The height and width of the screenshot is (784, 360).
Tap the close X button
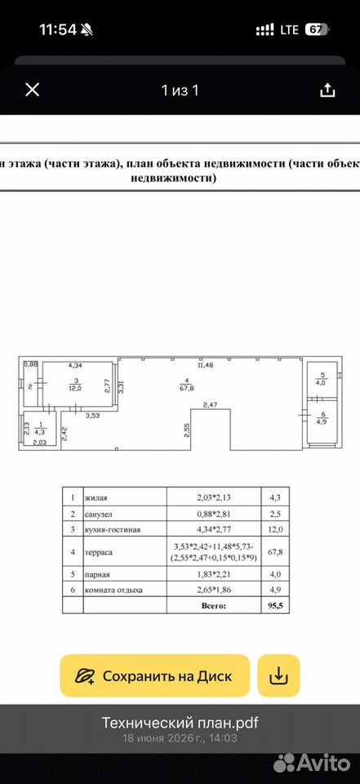point(33,90)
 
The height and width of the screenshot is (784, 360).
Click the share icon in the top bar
point(327,90)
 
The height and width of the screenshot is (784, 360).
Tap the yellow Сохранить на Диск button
point(154,676)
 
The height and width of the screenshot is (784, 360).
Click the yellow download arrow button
point(278,676)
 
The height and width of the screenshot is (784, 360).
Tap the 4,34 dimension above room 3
point(75,366)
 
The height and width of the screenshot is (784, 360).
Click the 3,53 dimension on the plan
point(93,415)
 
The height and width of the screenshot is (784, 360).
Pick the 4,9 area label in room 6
point(322,420)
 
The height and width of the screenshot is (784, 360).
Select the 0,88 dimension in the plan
point(31,364)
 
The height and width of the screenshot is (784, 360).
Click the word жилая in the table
point(96,497)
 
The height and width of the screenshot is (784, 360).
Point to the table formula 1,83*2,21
point(214,574)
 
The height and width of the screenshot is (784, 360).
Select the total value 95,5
point(275,605)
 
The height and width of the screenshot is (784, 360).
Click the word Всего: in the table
point(214,605)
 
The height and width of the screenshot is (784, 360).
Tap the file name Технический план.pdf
point(180,723)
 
